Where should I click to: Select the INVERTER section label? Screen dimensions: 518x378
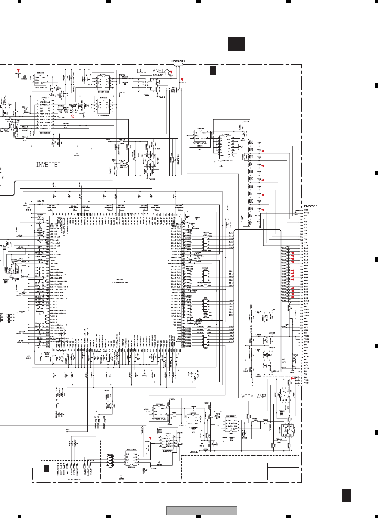49,165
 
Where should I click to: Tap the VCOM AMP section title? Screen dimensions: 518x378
253,396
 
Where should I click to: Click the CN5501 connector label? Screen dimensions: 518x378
310,206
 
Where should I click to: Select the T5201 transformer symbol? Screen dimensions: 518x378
146,85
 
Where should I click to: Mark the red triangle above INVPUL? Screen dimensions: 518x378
18,70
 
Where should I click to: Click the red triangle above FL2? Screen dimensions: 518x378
182,80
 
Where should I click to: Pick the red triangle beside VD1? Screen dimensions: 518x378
262,151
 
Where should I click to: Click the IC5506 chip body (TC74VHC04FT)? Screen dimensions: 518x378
225,146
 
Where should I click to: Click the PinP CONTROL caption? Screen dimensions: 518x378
75,480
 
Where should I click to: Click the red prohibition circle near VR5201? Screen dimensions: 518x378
72,116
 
